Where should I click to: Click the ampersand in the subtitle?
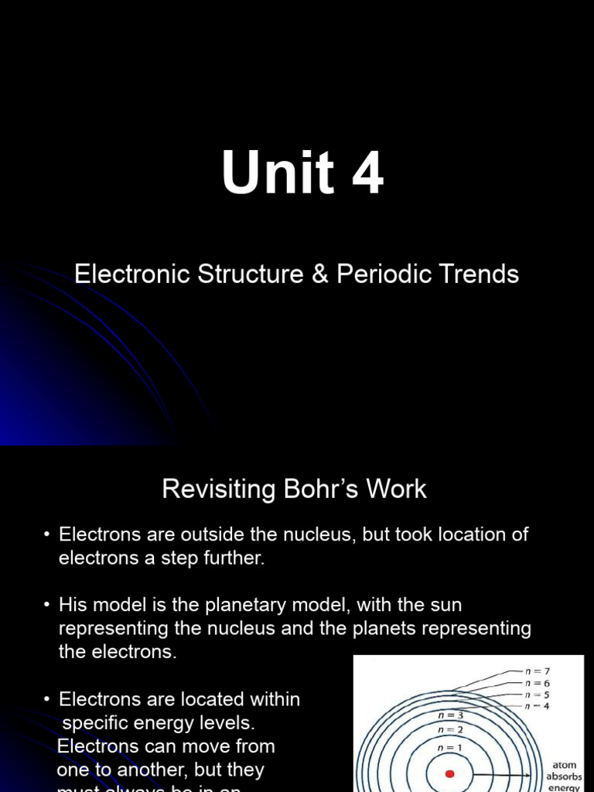tap(319, 274)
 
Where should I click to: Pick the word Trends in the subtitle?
tap(483, 274)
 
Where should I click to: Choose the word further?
tap(232, 558)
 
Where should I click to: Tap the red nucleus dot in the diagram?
tap(449, 773)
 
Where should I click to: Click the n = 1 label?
tap(450, 747)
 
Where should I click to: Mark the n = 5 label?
tap(537, 695)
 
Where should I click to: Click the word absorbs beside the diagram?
tap(564, 777)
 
